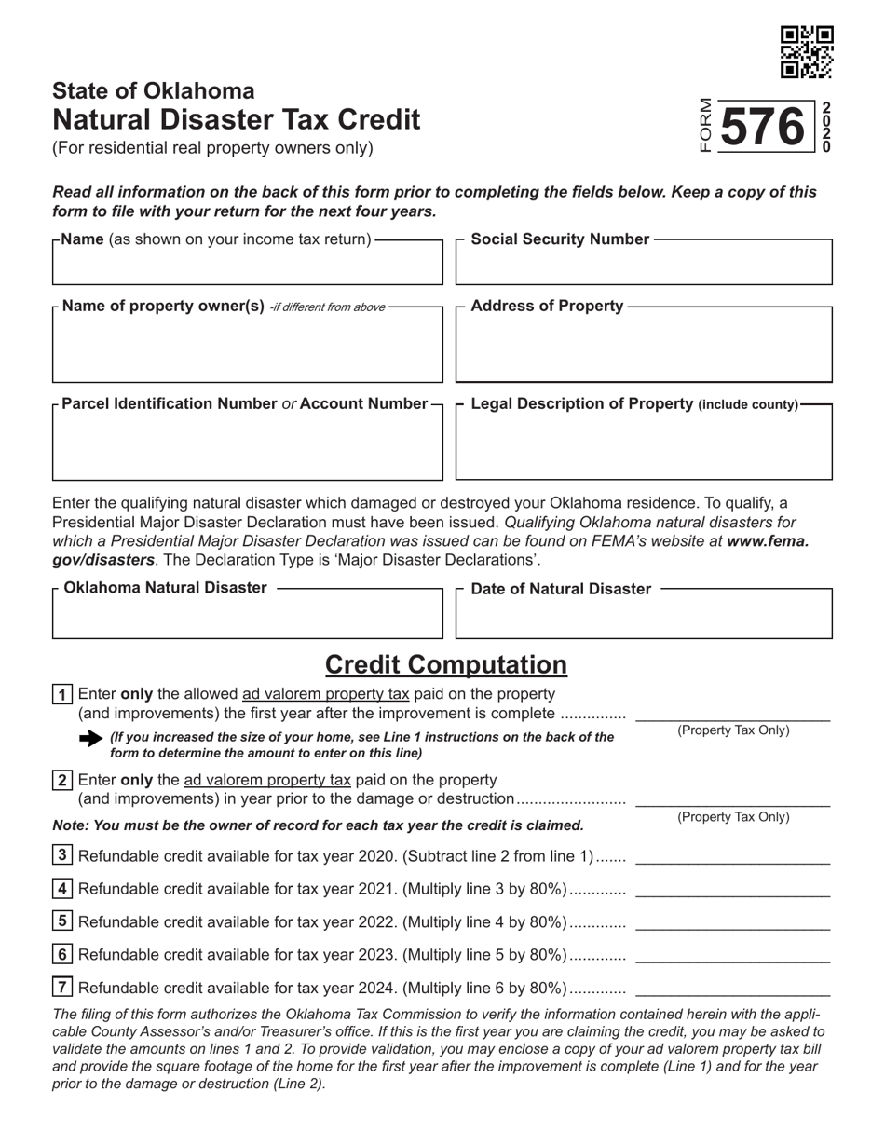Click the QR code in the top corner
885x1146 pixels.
806,52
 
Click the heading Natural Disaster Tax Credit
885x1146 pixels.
236,119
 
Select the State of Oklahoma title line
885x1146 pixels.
153,90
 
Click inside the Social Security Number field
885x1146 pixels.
643,266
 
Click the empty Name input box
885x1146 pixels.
247,266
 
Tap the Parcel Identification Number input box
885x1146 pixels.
247,447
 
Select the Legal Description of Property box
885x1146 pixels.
643,447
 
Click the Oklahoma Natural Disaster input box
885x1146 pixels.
247,619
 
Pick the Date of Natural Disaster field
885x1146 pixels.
643,619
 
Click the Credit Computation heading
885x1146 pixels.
445,664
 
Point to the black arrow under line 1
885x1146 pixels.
91,738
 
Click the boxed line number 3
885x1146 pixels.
62,855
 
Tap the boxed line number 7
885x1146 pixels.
62,988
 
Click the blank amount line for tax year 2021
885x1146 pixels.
731,890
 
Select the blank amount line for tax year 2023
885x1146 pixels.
731,956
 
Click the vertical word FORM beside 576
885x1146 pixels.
705,125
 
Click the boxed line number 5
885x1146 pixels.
62,921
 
